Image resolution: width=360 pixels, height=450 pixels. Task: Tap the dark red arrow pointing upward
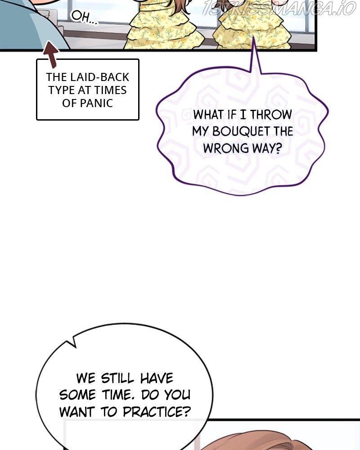(52, 55)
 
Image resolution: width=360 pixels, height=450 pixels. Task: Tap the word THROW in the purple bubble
(271, 115)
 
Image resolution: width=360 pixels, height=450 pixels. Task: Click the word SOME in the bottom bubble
(77, 395)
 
